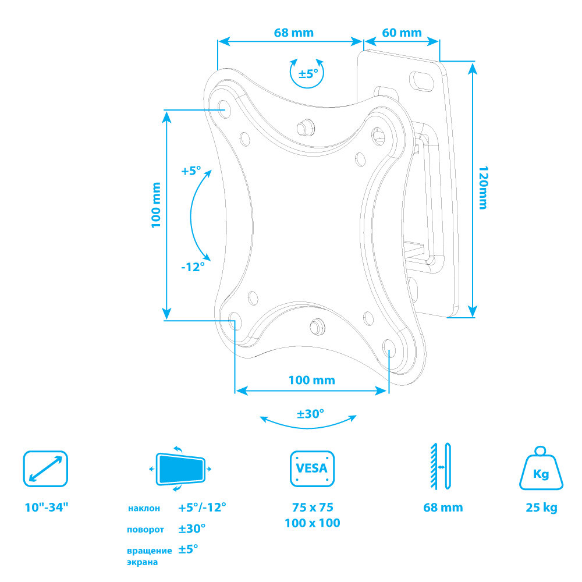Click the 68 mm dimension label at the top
[293, 33]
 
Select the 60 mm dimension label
[402, 33]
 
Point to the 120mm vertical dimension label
[483, 188]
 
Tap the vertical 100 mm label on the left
[156, 205]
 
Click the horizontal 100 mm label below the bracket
[312, 380]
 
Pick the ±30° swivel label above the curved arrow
[310, 413]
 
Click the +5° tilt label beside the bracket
[191, 171]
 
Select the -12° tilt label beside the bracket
[193, 267]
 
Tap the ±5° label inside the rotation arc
[308, 73]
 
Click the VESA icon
[312, 469]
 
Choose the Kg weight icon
[541, 468]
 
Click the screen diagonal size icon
[45, 469]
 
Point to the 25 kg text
[541, 508]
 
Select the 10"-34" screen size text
[47, 507]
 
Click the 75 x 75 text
[313, 507]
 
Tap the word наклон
[144, 508]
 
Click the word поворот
[145, 530]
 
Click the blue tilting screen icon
[180, 469]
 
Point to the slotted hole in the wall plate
[421, 80]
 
